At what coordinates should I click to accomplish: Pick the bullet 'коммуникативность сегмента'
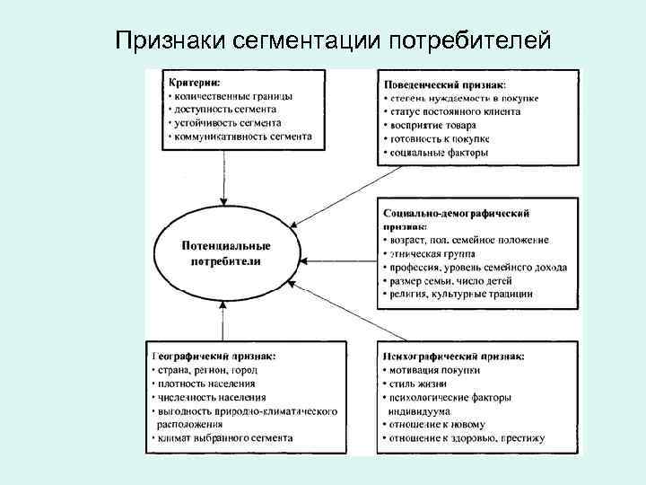click(x=240, y=137)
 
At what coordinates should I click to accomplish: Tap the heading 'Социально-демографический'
click(x=456, y=214)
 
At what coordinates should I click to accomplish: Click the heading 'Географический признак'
click(x=214, y=356)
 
